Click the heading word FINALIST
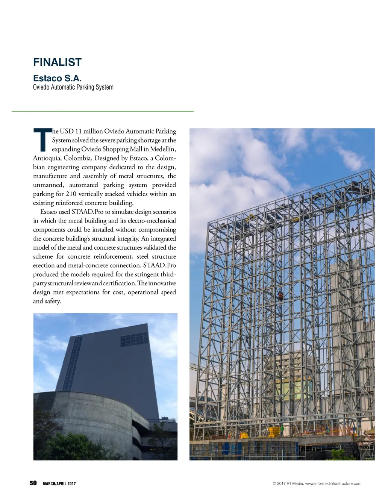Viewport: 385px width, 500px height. (x=57, y=62)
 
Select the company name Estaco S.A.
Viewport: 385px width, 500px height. (x=57, y=78)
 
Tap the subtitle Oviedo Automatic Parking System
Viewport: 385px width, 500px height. (x=73, y=87)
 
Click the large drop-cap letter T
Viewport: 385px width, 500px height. (x=42, y=140)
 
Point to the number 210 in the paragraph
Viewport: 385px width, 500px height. (x=71, y=194)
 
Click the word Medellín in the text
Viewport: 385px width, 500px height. (x=163, y=149)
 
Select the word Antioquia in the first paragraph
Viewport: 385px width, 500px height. (x=47, y=158)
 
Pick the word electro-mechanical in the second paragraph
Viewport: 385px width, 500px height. (x=152, y=221)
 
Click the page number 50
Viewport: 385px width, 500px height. (x=33, y=483)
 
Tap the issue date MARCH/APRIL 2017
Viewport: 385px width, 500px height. (x=59, y=483)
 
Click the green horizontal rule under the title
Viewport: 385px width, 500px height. (x=103, y=111)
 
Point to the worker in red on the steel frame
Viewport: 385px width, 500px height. (x=280, y=296)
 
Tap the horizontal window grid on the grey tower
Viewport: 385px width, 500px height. (x=134, y=339)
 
